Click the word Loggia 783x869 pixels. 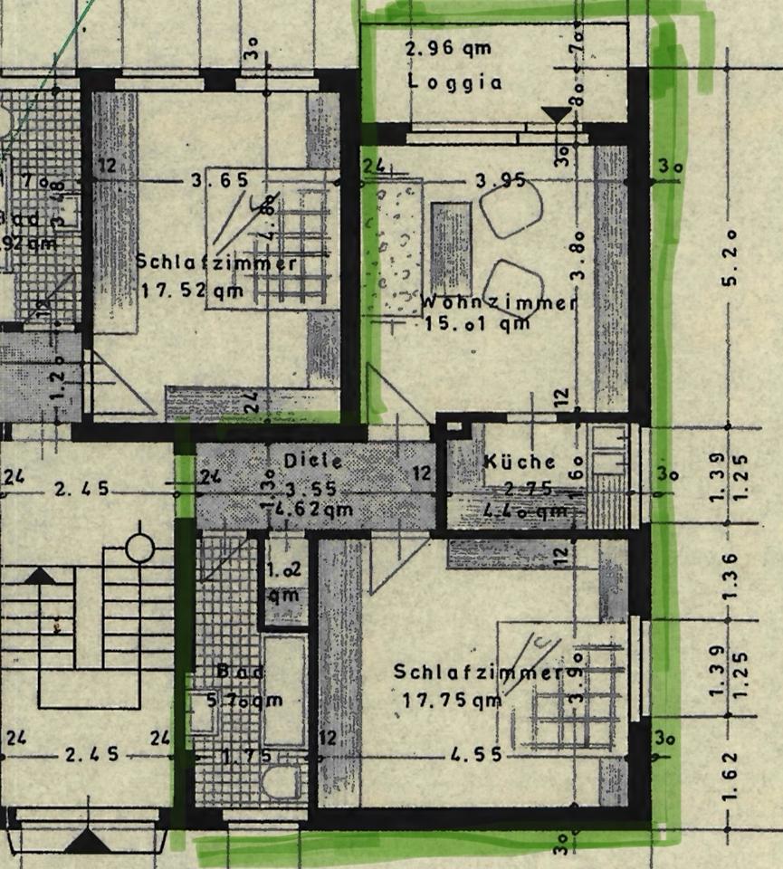coord(454,81)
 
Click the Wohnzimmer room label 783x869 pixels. coord(499,302)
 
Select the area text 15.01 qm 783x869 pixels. coord(476,324)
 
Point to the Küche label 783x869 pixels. coord(520,462)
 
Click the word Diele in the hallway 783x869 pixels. coord(313,460)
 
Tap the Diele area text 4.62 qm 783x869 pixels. coord(313,510)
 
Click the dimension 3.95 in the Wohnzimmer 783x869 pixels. coord(501,180)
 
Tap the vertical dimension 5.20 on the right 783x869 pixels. coord(730,259)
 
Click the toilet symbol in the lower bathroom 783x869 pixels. coord(282,780)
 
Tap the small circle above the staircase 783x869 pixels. coord(140,548)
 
